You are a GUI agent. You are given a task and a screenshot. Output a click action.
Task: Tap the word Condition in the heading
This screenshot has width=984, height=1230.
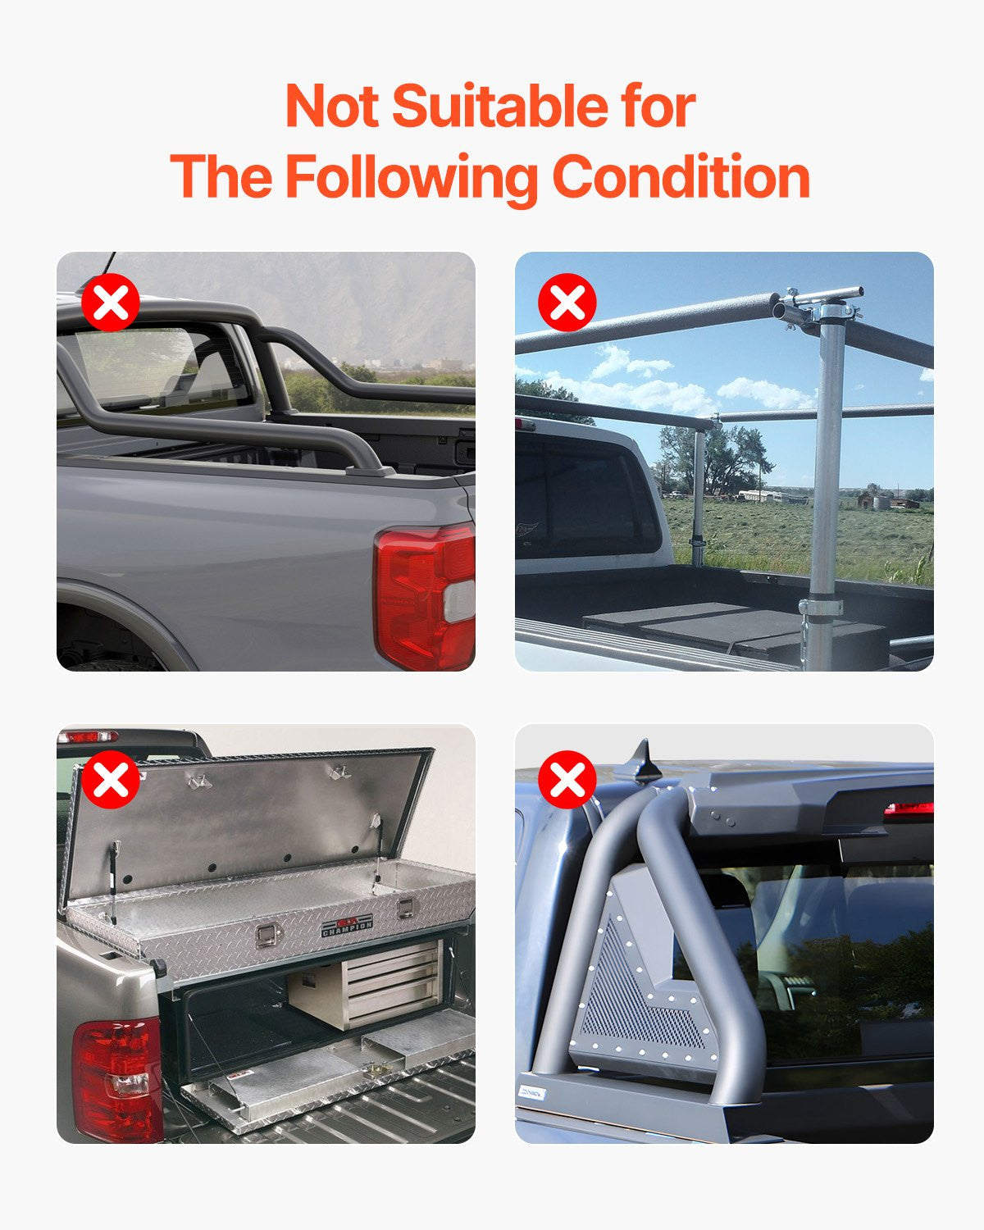(x=681, y=177)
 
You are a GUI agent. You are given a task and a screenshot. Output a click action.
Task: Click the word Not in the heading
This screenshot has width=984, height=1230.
(x=331, y=107)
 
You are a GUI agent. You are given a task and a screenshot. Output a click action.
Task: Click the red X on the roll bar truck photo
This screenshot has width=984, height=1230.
(x=111, y=303)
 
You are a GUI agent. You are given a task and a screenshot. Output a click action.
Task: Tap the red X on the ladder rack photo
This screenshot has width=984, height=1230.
(x=567, y=303)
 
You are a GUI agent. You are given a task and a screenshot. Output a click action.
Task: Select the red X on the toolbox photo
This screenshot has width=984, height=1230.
(x=111, y=780)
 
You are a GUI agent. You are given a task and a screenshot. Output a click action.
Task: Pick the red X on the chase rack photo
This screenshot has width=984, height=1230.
(x=567, y=780)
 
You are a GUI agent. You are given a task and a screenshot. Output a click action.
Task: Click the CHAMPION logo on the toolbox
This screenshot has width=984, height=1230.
(x=347, y=926)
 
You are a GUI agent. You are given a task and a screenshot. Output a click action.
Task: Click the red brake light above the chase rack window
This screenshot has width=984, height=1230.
(x=909, y=809)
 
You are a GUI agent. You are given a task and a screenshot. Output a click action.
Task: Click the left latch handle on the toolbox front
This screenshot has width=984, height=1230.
(x=265, y=935)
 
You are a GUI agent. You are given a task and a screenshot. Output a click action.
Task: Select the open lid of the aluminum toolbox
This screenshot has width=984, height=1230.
(x=246, y=820)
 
